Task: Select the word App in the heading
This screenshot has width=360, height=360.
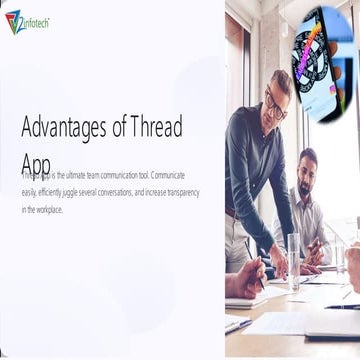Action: (35, 162)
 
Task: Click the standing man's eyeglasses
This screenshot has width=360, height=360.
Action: (276, 100)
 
